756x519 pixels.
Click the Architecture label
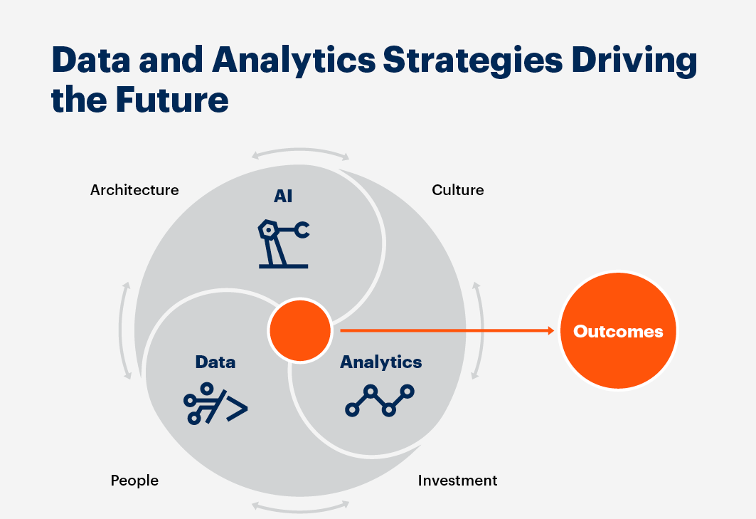point(134,190)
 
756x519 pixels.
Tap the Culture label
point(457,190)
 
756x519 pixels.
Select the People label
point(134,481)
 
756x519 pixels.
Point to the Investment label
point(457,481)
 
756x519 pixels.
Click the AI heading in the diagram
point(283,196)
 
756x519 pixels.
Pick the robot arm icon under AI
point(284,243)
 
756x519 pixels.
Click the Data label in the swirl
point(215,362)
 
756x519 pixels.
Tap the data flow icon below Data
point(215,404)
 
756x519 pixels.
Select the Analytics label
point(381,362)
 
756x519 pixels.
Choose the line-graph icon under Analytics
point(380,400)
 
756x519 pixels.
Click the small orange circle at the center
point(300,330)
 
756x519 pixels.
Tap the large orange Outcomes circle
point(618,331)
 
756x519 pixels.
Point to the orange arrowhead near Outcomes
point(552,331)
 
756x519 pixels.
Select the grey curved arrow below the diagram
point(300,507)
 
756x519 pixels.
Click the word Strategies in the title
point(472,61)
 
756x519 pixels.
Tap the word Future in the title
point(172,100)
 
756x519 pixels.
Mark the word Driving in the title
point(634,61)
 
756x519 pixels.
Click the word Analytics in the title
point(294,61)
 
